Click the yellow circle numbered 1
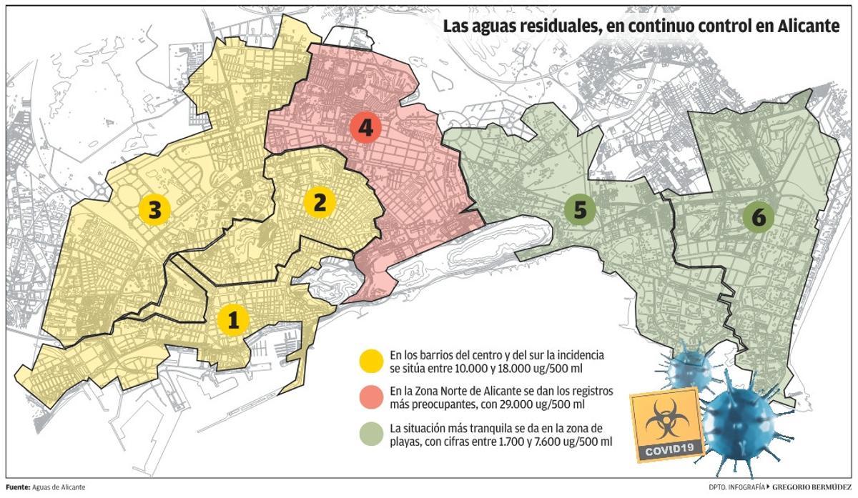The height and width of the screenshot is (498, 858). pos(232,320)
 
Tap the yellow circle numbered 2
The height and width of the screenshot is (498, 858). pos(320,202)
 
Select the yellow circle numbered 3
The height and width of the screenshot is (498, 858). pos(154,209)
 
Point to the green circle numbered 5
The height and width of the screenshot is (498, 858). pos(579,209)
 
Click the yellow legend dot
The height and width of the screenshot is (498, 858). pos(372,360)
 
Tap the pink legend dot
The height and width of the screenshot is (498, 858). pos(372,398)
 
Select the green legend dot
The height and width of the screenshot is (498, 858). pos(372,435)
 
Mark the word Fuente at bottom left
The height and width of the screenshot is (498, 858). pos(16,487)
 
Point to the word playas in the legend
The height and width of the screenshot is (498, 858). pos(405,442)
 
